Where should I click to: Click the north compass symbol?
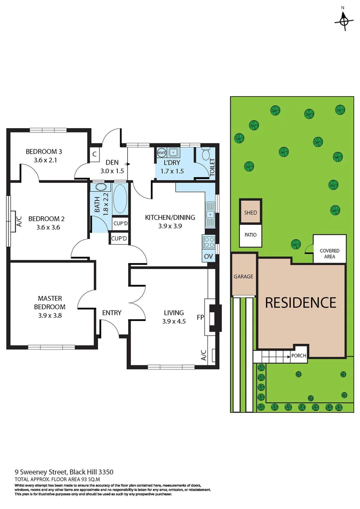coord(344,19)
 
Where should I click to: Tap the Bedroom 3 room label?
coord(44,152)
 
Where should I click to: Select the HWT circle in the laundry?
coord(161,153)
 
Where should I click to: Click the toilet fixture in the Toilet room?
coord(205,155)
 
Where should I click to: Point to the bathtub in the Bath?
coord(120,199)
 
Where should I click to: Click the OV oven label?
coord(208,256)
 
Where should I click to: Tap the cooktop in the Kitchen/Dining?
coord(208,242)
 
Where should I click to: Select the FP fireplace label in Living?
coord(200,317)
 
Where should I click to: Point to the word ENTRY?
coord(112,312)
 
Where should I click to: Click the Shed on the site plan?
coord(251,213)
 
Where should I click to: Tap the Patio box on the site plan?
coord(251,234)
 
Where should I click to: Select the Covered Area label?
coord(329,254)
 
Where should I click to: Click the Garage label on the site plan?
coord(244,277)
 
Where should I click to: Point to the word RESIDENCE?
coord(300,302)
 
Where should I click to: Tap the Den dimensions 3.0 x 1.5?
coord(112,171)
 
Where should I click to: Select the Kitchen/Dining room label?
coord(164,217)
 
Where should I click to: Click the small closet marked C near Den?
coord(95,154)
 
